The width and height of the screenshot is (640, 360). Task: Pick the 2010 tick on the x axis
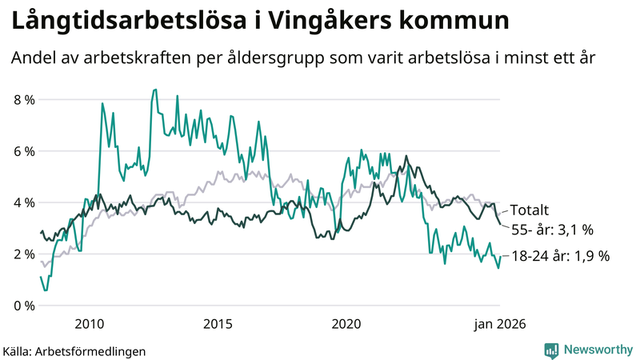[89, 324]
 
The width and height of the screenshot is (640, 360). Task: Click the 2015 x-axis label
[218, 324]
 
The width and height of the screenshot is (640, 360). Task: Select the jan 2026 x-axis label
[500, 324]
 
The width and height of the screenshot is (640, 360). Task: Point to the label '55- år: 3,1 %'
[551, 230]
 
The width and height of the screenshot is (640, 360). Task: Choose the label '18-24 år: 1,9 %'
[560, 256]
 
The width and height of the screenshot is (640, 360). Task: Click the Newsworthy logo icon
[551, 350]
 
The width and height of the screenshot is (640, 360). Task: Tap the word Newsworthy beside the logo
[597, 350]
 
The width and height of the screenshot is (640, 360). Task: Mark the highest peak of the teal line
[154, 90]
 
